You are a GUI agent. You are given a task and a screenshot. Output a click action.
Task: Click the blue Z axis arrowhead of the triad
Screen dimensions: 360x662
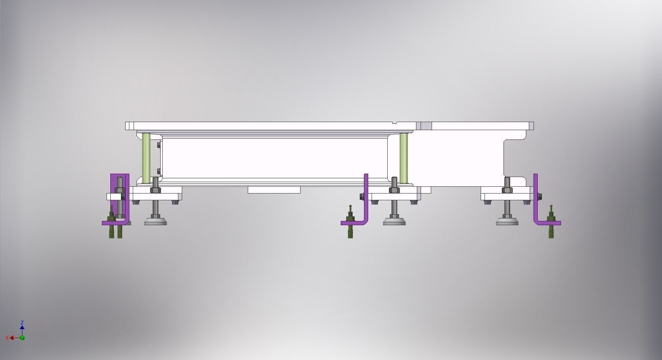[22, 327]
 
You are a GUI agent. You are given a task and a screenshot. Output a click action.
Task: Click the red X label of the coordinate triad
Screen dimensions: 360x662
[7, 338]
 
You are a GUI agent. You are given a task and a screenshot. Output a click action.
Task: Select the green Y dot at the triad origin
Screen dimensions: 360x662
[22, 338]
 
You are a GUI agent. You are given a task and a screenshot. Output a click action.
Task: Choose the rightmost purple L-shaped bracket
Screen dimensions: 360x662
[536, 199]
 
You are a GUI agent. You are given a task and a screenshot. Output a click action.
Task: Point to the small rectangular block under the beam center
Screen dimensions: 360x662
[274, 190]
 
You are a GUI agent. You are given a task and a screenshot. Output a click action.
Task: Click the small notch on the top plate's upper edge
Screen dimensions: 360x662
[394, 123]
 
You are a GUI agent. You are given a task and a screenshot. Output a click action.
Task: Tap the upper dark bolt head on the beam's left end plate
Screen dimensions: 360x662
[159, 145]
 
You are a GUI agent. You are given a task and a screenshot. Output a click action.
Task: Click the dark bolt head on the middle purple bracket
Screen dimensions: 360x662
[362, 196]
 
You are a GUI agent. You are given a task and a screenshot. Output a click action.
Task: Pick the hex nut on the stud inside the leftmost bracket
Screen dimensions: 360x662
[119, 190]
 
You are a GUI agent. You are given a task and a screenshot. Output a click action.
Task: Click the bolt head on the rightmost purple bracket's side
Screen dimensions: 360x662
[540, 196]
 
